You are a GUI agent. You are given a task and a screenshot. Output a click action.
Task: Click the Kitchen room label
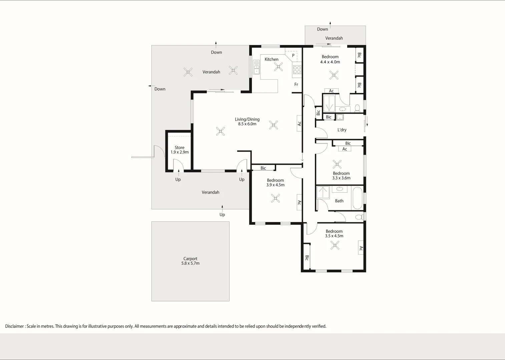click(272, 59)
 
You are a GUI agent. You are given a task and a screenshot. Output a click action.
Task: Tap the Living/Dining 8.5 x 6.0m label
click(247, 122)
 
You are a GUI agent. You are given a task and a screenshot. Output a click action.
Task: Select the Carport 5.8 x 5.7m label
click(190, 261)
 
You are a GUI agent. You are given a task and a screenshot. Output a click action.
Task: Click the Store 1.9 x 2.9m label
click(179, 150)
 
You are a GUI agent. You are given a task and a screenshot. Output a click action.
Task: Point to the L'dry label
click(342, 130)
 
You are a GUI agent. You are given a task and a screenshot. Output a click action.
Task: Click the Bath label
click(339, 201)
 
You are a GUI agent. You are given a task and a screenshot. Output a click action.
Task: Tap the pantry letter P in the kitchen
click(293, 55)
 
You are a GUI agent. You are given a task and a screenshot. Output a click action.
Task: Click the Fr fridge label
click(296, 84)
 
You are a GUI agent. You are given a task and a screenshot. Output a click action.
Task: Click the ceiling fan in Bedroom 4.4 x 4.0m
click(334, 75)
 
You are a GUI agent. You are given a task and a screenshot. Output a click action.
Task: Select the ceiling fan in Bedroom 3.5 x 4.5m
click(335, 245)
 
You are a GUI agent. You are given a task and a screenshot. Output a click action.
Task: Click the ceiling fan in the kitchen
click(279, 67)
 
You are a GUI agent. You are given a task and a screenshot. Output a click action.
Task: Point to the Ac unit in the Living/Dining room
click(299, 123)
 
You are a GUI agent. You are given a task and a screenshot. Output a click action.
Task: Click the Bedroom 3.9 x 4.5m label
click(275, 182)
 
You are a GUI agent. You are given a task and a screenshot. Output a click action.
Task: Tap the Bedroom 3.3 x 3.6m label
click(341, 175)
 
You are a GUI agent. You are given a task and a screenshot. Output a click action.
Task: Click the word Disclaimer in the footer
click(14, 326)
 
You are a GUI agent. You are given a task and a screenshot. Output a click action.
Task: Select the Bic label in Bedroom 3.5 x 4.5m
click(307, 258)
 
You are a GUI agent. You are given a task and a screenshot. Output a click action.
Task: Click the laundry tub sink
click(340, 117)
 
